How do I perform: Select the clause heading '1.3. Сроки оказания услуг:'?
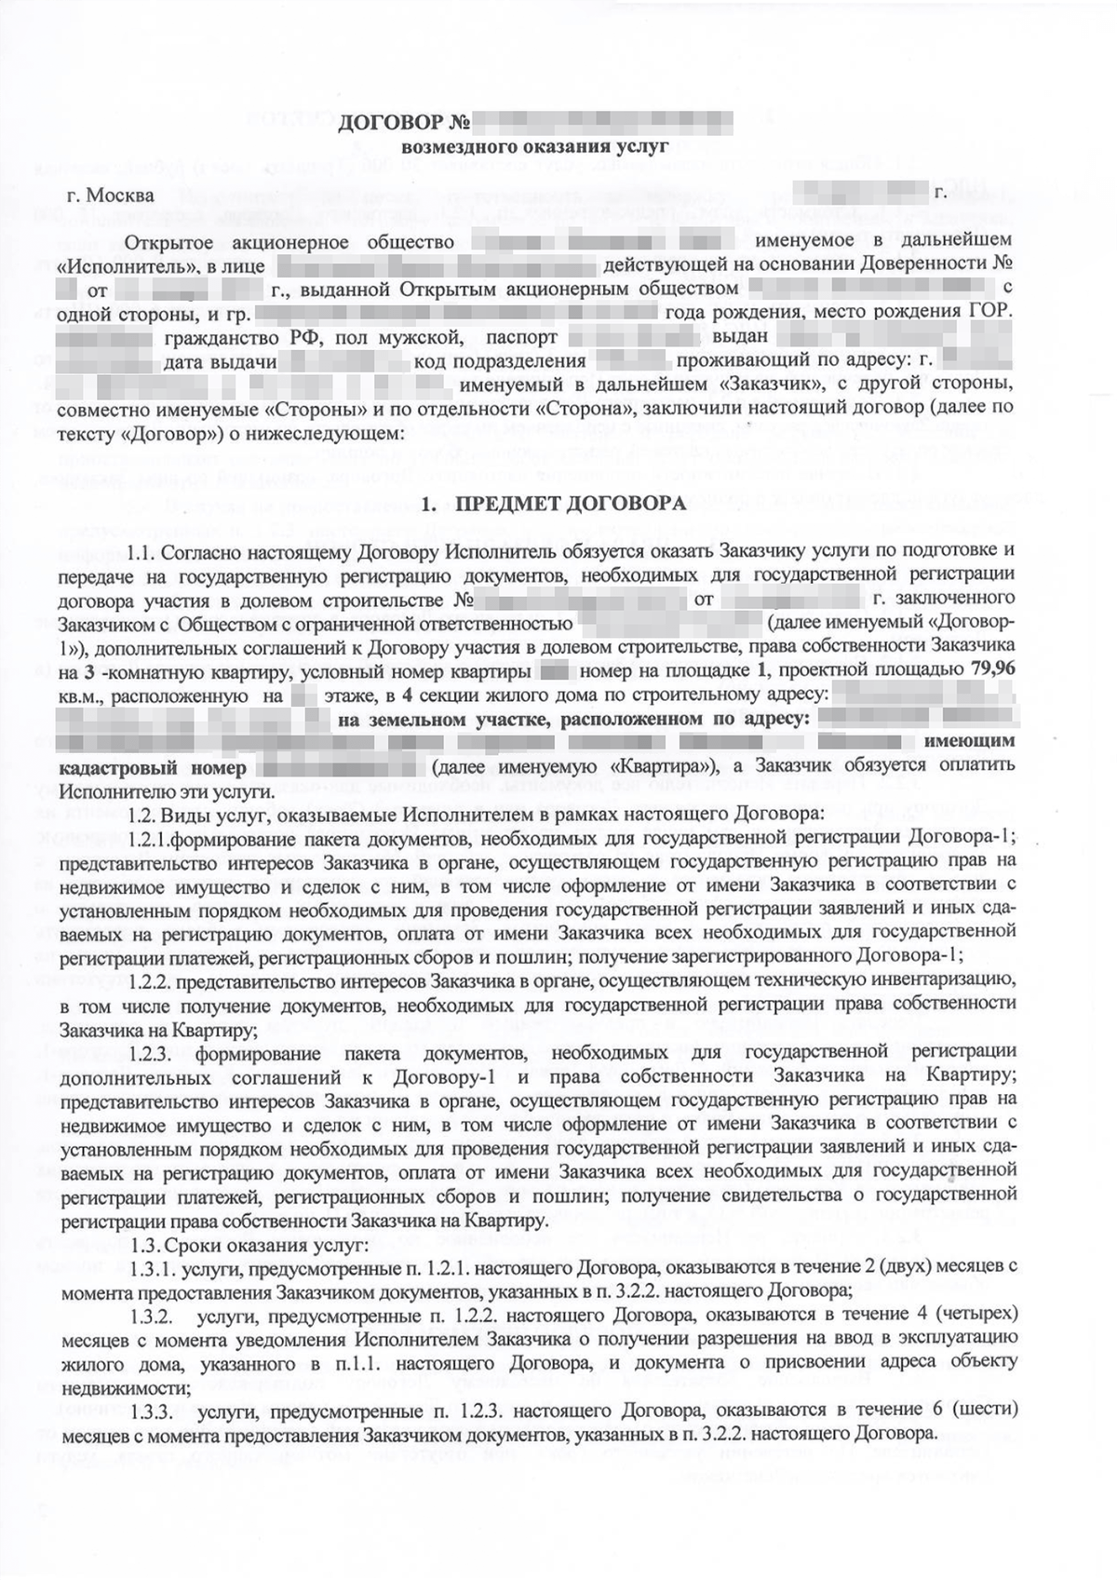[251, 1245]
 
